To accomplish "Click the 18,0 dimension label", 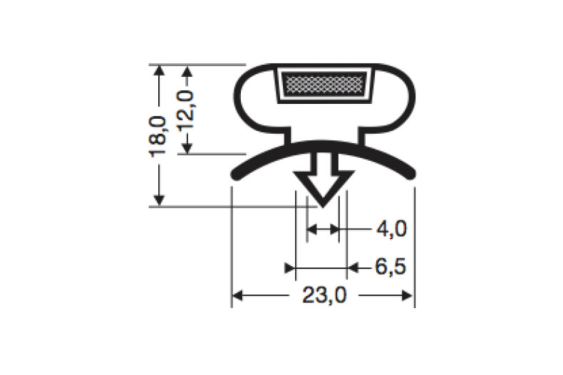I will tap(159, 136).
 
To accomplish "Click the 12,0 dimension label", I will tap(187, 109).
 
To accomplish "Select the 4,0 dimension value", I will tap(391, 229).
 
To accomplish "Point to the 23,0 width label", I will tap(324, 295).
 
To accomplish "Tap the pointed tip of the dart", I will tap(324, 205).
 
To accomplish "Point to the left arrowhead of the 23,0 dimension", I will tap(238, 295).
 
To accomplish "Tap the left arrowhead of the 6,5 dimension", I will tap(290, 268).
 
